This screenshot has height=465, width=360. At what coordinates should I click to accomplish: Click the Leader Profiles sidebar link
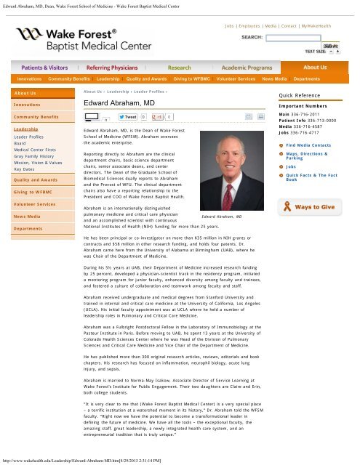(30, 136)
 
